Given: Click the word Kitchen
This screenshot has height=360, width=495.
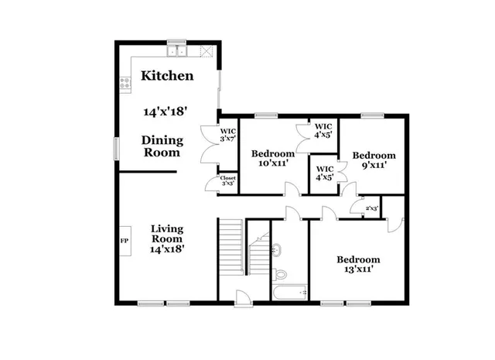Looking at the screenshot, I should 167,77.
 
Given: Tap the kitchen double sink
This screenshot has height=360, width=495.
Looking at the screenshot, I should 182,52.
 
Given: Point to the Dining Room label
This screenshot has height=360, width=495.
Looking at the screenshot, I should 162,146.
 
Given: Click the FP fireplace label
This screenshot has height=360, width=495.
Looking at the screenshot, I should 123,241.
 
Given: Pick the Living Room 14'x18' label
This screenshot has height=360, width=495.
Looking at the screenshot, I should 167,238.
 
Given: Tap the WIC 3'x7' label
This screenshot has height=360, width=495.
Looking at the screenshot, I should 228,135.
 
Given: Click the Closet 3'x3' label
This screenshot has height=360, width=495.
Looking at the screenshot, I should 228,181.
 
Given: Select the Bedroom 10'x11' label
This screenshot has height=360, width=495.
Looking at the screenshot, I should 273,159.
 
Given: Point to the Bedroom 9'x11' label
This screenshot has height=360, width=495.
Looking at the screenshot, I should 374,159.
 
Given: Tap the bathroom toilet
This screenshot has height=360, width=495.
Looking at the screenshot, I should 281,274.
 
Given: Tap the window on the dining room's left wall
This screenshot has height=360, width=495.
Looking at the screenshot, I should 116,146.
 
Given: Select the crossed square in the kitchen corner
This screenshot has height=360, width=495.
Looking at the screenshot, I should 206,52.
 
